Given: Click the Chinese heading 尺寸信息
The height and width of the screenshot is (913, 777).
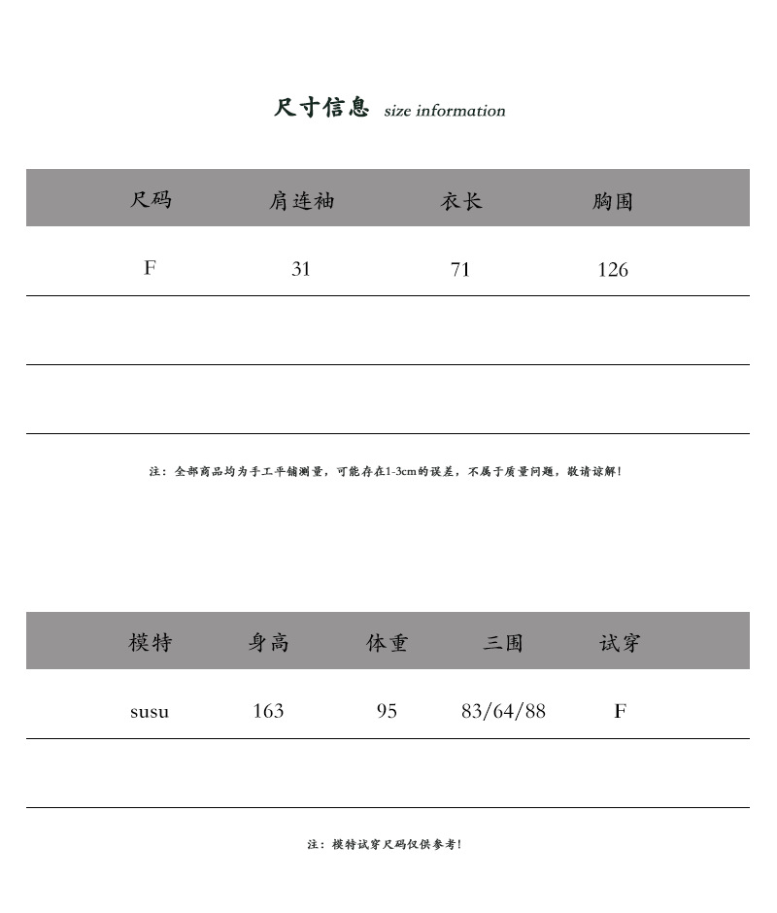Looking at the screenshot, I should pyautogui.click(x=321, y=108).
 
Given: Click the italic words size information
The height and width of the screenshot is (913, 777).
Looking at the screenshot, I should pyautogui.click(x=445, y=111).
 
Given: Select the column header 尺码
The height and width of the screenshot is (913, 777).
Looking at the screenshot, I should pyautogui.click(x=151, y=200).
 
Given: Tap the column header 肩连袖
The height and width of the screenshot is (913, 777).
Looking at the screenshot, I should pyautogui.click(x=301, y=201).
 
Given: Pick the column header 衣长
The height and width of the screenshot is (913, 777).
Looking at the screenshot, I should pyautogui.click(x=460, y=201).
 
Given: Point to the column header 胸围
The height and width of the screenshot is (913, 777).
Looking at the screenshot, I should pyautogui.click(x=613, y=201).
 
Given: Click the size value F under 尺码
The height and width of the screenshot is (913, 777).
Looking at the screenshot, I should pyautogui.click(x=150, y=268).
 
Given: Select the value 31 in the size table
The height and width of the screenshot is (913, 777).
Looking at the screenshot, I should pyautogui.click(x=301, y=269).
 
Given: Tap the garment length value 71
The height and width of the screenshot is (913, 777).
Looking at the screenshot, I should pyautogui.click(x=460, y=269).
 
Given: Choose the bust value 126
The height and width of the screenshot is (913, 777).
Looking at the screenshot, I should pyautogui.click(x=613, y=270).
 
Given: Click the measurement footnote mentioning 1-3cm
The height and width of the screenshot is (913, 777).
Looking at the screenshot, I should pyautogui.click(x=386, y=471).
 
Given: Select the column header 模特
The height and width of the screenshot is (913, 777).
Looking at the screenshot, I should pyautogui.click(x=151, y=643).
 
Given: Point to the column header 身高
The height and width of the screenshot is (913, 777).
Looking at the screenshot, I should pyautogui.click(x=268, y=643).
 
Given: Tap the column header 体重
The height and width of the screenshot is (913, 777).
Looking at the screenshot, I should pyautogui.click(x=387, y=643).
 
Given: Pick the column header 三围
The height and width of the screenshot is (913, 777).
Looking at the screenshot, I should pyautogui.click(x=503, y=643).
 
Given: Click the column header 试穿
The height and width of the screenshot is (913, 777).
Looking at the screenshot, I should pyautogui.click(x=620, y=643).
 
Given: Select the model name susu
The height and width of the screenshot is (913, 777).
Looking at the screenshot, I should pyautogui.click(x=150, y=712).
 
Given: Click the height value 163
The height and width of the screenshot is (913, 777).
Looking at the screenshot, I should pyautogui.click(x=268, y=711).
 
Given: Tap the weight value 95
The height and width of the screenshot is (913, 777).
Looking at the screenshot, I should pyautogui.click(x=387, y=711).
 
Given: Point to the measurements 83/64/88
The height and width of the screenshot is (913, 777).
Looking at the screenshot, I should pyautogui.click(x=503, y=711).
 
